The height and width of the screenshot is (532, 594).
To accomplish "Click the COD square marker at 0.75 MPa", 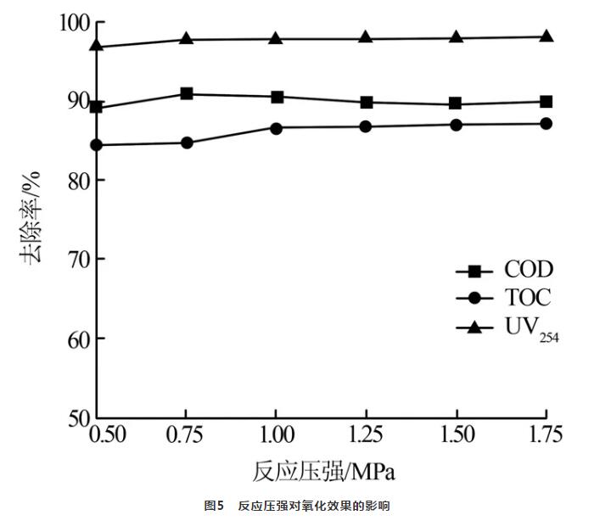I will [187, 93].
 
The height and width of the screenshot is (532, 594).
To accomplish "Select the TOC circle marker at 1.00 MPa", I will [277, 128].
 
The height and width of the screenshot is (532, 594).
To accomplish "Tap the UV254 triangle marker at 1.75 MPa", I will [546, 36].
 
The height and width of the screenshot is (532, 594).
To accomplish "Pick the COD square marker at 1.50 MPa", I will [457, 104].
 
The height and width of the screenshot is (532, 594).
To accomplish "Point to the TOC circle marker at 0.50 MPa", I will [97, 145].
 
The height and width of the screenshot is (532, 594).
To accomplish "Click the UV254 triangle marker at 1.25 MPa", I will [367, 38].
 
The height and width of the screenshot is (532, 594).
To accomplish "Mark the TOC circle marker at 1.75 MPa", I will [546, 124].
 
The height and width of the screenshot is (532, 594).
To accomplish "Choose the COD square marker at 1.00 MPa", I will [277, 97].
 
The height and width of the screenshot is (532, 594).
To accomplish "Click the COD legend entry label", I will [528, 270].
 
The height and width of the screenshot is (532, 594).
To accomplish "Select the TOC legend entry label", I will [527, 298].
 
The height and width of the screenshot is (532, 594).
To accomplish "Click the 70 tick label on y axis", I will [75, 259].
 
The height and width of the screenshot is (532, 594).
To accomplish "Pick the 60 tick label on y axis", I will [75, 338].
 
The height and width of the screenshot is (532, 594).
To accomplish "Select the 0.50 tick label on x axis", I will [108, 434].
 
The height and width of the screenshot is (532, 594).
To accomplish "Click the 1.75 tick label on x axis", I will [543, 434].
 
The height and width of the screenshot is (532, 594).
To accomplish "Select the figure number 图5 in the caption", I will [213, 506].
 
